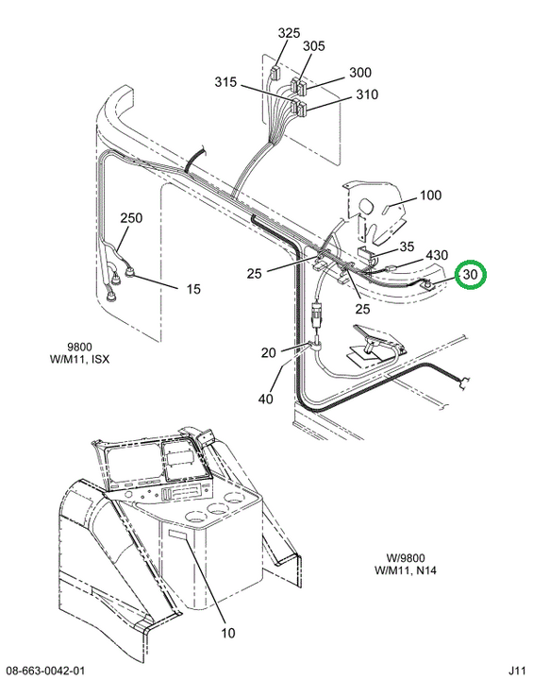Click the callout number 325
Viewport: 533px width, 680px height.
289,33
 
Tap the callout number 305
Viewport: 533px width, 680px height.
314,46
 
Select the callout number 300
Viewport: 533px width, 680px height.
360,72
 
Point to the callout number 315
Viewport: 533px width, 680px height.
225,81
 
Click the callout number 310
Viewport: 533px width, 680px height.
367,94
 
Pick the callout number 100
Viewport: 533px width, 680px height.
430,195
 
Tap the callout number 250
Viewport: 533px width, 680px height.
131,217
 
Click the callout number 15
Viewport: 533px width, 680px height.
193,288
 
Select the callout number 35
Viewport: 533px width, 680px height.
407,246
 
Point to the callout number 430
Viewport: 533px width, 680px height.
437,255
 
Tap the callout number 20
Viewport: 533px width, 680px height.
268,352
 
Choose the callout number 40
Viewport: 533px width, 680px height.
266,399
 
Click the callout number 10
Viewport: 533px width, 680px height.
228,633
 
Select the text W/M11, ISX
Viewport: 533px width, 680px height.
80,359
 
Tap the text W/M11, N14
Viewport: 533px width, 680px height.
406,569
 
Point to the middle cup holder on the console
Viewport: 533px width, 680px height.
217,508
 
